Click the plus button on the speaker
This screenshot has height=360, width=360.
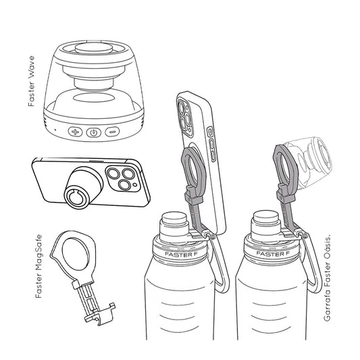(x=75, y=132)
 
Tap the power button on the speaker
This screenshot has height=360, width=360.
(x=93, y=132)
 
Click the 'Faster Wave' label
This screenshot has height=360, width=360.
(x=31, y=81)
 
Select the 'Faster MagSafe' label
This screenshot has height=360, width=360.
(x=38, y=266)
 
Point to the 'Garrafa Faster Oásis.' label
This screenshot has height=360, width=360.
(x=327, y=278)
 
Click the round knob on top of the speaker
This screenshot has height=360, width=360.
(x=94, y=48)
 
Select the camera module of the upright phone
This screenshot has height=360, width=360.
(x=185, y=117)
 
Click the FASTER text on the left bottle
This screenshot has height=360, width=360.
(x=178, y=254)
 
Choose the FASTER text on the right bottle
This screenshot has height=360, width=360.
(x=269, y=254)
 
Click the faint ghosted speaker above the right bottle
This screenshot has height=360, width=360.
(x=309, y=161)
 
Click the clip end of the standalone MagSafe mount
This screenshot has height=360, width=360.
(x=101, y=315)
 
